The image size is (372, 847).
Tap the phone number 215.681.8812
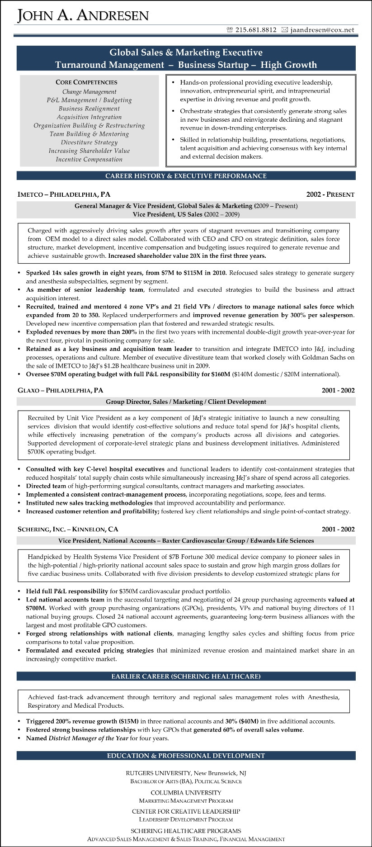(256, 30)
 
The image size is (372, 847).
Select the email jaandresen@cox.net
(322, 30)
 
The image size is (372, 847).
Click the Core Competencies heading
(86, 82)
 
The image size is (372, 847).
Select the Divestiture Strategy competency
(89, 142)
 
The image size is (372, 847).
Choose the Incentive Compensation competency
(89, 159)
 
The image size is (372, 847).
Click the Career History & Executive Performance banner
(186, 176)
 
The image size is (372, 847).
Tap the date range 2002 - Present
(330, 194)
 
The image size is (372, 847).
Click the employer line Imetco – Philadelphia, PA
(64, 194)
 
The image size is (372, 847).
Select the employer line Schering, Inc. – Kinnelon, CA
(68, 529)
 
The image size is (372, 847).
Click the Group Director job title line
(186, 402)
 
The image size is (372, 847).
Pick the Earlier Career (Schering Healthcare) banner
(186, 677)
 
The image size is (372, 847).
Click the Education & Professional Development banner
(186, 756)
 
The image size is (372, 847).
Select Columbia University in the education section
(186, 793)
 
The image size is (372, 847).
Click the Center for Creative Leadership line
(186, 811)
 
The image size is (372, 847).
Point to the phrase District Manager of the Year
(88, 738)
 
